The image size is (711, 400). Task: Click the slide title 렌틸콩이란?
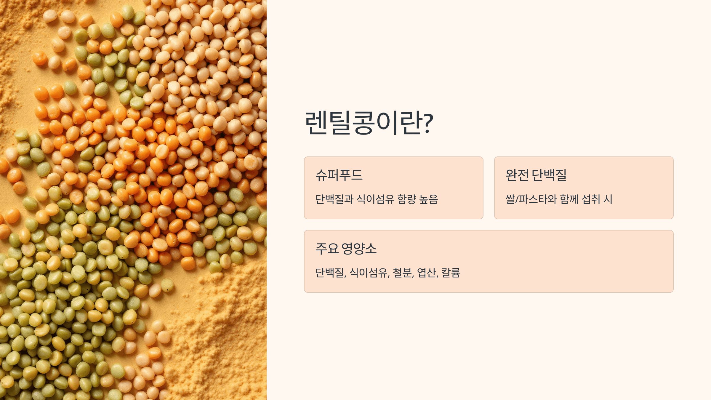[x=369, y=123]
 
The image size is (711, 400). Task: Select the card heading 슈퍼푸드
[x=339, y=175]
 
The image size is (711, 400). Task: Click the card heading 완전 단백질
[x=536, y=175]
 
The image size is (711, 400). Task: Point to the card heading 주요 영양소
[x=346, y=249]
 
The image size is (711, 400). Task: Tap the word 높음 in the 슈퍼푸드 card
[x=428, y=199]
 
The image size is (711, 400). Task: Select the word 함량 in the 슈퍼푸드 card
[x=407, y=199]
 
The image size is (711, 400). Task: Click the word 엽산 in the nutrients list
[x=427, y=273]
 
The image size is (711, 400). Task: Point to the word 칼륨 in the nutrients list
[x=451, y=273]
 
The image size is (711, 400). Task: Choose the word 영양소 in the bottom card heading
[x=359, y=249]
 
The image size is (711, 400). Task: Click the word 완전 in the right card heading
[x=517, y=175]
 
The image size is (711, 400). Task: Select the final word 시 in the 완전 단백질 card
[x=608, y=199]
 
